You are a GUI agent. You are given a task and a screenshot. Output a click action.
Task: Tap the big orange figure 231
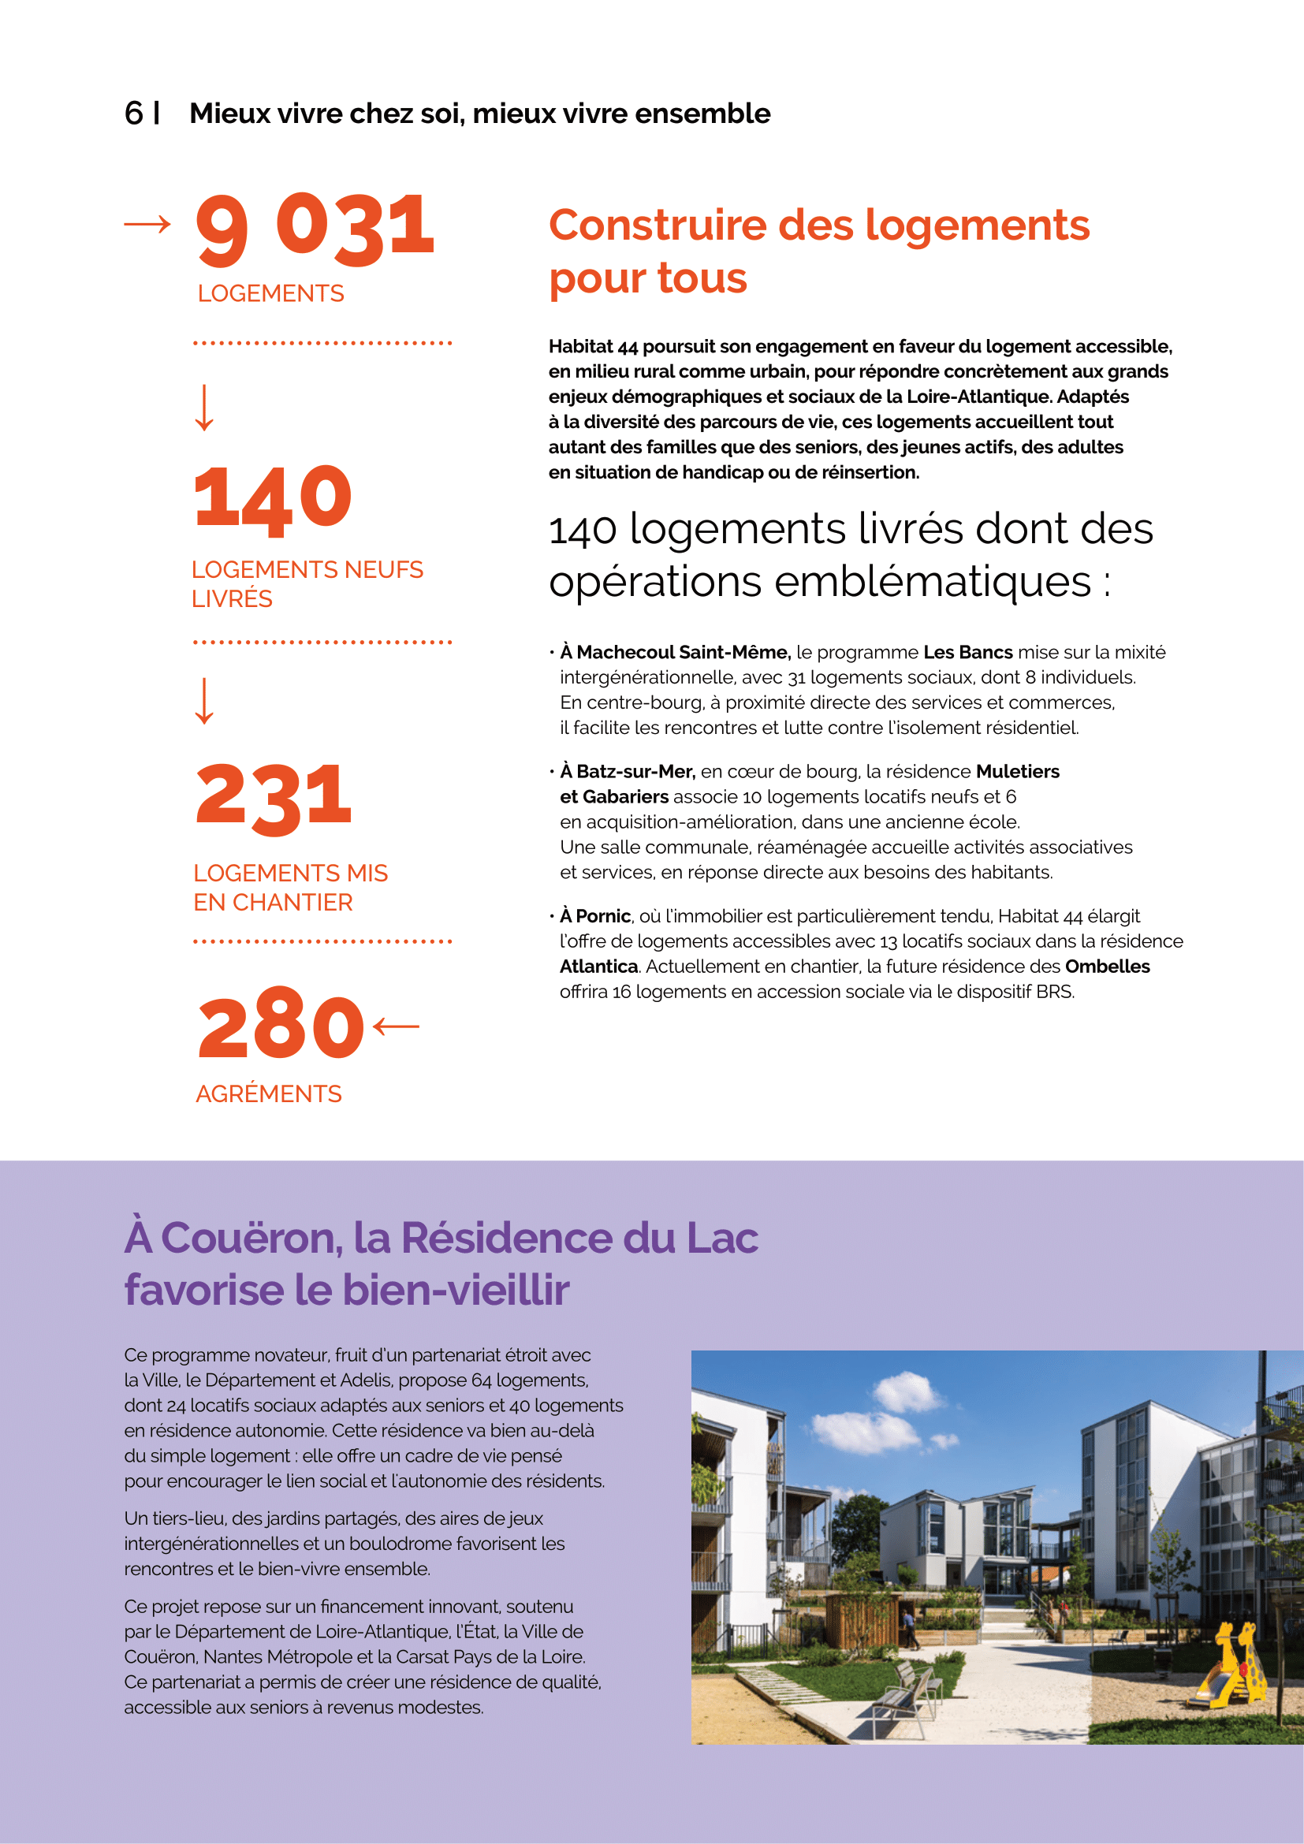(x=274, y=795)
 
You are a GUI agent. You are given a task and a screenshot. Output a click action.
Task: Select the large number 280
(x=281, y=1025)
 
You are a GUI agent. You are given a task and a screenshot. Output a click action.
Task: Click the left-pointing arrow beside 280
(x=397, y=1026)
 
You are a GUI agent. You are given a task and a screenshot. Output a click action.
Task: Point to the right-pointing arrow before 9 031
(x=147, y=224)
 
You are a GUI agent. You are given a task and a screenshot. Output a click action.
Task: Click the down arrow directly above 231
(x=205, y=700)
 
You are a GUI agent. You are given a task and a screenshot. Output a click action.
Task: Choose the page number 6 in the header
(x=133, y=114)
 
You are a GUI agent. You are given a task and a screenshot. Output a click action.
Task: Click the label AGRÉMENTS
(x=269, y=1094)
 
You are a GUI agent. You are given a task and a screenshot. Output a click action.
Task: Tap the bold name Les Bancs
(x=967, y=652)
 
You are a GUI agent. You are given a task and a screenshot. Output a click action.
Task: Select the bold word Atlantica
(x=598, y=967)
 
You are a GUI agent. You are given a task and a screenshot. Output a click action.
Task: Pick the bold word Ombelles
(x=1107, y=967)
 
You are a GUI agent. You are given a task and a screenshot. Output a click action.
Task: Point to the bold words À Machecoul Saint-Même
(x=676, y=652)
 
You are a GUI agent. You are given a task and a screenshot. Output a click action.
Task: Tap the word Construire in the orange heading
(x=657, y=225)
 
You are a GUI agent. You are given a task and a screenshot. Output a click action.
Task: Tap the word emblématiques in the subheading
(x=932, y=582)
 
